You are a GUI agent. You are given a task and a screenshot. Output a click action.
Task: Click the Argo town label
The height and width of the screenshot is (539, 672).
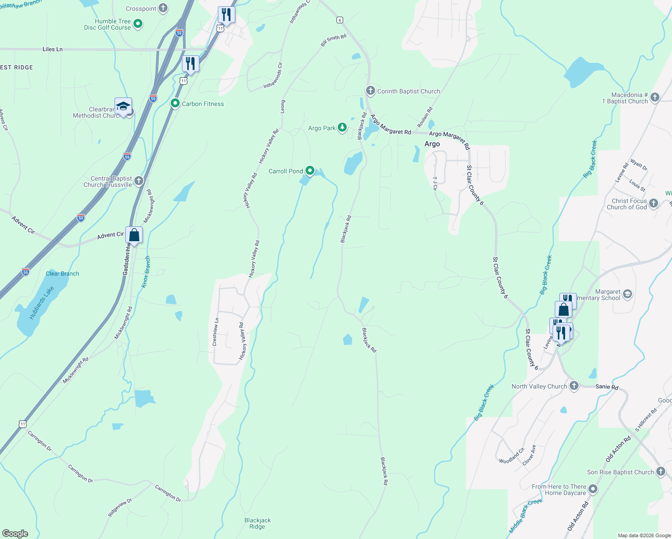click(432, 144)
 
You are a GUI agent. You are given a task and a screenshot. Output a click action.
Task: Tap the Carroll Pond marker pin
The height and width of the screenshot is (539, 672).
click(310, 171)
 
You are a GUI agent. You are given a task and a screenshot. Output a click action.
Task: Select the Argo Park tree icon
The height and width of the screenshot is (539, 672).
click(342, 128)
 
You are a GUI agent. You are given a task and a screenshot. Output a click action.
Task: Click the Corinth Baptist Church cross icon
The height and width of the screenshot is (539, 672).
click(370, 91)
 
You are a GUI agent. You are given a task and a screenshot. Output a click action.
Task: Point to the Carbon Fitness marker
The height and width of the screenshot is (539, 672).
click(175, 103)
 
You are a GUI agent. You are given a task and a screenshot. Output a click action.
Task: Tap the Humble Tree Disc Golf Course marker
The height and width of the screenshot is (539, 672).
click(138, 24)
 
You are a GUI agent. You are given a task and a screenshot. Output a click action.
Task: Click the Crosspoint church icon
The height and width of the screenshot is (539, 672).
click(163, 8)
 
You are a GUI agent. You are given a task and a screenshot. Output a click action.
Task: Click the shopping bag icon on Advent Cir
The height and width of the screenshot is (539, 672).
click(134, 235)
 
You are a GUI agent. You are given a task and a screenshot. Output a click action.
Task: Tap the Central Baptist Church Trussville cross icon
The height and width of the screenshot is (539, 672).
click(139, 181)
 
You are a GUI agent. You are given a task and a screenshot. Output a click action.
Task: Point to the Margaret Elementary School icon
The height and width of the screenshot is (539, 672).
click(628, 295)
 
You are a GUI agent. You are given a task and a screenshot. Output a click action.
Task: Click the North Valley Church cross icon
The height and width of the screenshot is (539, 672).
click(574, 386)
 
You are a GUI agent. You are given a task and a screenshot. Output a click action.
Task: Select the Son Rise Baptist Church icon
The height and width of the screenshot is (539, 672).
click(660, 472)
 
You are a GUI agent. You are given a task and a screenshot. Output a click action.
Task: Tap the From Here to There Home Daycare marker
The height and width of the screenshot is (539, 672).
click(593, 489)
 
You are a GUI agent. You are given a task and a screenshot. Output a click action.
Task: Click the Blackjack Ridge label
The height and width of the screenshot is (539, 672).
click(257, 523)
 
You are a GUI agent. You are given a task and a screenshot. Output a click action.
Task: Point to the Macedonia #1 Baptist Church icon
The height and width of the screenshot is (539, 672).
click(655, 97)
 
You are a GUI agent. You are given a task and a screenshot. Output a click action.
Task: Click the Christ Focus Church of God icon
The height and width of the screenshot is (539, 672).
click(654, 203)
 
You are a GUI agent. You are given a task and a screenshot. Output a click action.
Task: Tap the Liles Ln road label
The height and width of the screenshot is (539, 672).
click(53, 49)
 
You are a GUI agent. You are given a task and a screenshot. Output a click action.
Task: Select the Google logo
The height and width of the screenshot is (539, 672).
click(15, 533)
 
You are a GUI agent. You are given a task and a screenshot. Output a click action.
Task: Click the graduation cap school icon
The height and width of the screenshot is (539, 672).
click(123, 106)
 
